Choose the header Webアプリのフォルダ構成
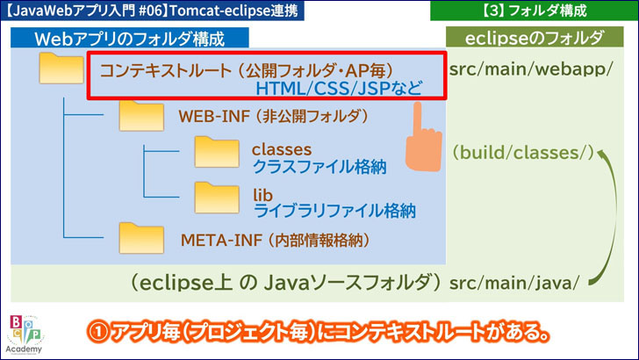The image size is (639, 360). [x=128, y=39]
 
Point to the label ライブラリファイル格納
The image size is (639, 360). [x=333, y=210]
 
